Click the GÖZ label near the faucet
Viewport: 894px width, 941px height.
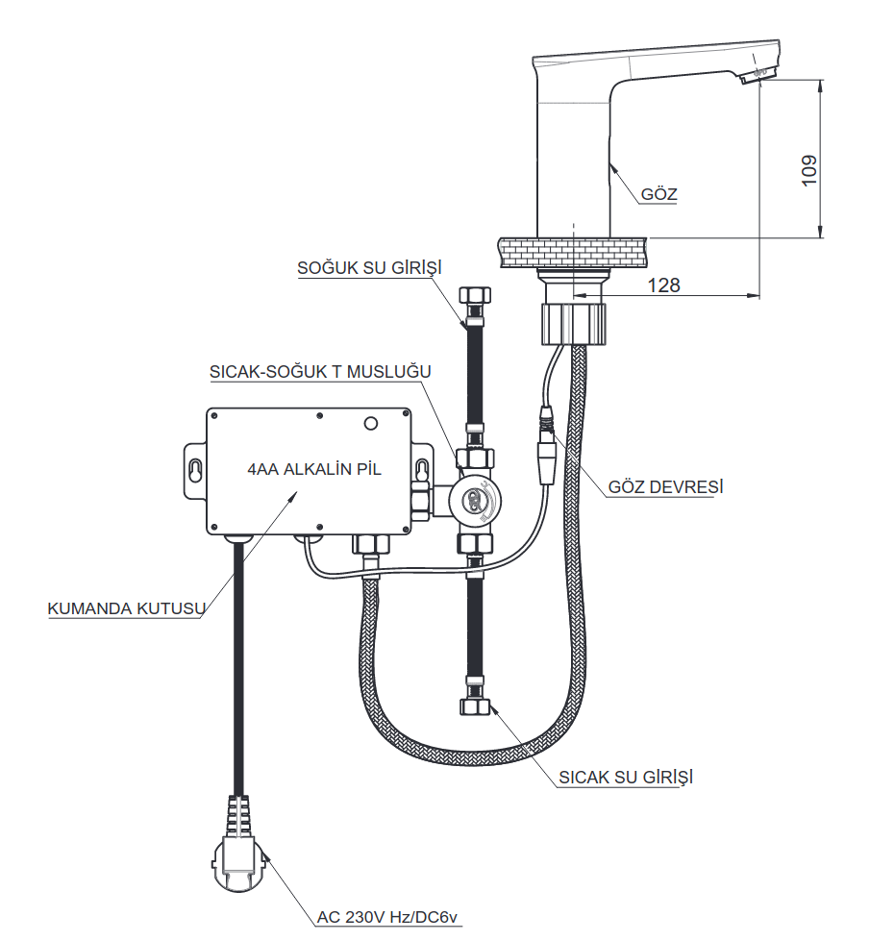pyautogui.click(x=658, y=194)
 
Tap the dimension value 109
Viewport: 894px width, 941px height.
pyautogui.click(x=808, y=170)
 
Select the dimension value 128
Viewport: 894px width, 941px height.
pyautogui.click(x=663, y=285)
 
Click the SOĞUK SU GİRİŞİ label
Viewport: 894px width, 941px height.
pyautogui.click(x=369, y=267)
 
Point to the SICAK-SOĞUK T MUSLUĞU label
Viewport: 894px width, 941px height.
pyautogui.click(x=320, y=371)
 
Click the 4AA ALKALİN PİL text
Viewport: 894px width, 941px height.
pyautogui.click(x=314, y=469)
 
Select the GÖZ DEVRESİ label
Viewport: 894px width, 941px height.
pyautogui.click(x=666, y=486)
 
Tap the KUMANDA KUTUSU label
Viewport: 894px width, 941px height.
pyautogui.click(x=127, y=607)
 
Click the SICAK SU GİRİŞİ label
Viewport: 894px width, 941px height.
pyautogui.click(x=626, y=778)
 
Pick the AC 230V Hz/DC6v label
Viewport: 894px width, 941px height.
pyautogui.click(x=387, y=916)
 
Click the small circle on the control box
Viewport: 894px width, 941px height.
pyautogui.click(x=371, y=424)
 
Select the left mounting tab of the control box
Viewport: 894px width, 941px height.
pyautogui.click(x=195, y=471)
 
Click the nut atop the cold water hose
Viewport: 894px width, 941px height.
pyautogui.click(x=475, y=295)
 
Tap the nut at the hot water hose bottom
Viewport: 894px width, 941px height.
pyautogui.click(x=476, y=706)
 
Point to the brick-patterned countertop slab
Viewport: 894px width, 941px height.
pyautogui.click(x=573, y=253)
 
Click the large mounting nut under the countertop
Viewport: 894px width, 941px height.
pyautogui.click(x=574, y=324)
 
